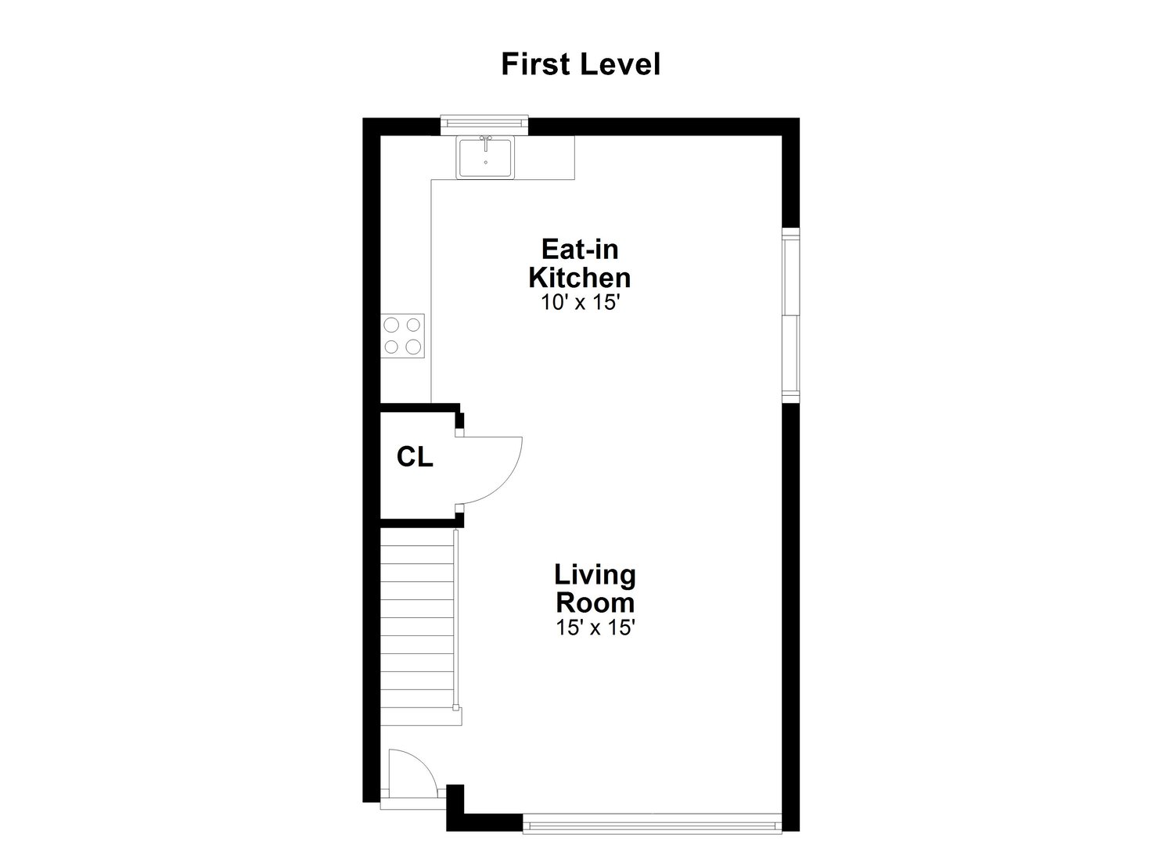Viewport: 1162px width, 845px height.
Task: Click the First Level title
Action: [581, 64]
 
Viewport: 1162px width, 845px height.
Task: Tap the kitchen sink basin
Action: [485, 158]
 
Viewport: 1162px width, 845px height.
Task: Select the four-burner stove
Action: [402, 336]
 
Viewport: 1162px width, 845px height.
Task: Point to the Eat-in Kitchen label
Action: [580, 264]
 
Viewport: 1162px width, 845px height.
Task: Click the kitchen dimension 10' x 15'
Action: [580, 302]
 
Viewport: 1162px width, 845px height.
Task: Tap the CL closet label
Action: [415, 457]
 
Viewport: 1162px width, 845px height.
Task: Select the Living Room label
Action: [595, 588]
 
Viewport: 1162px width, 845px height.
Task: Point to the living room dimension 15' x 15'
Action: [595, 627]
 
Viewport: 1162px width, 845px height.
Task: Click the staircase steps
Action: [418, 627]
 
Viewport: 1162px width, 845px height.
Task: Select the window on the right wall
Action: [790, 315]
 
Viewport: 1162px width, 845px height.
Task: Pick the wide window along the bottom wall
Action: [652, 823]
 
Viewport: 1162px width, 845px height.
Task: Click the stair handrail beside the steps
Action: [455, 620]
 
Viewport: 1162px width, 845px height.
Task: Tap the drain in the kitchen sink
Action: [486, 163]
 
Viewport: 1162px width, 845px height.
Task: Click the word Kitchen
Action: [580, 278]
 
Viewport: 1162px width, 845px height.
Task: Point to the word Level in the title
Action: [621, 64]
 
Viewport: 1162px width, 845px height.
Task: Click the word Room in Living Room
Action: [595, 602]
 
